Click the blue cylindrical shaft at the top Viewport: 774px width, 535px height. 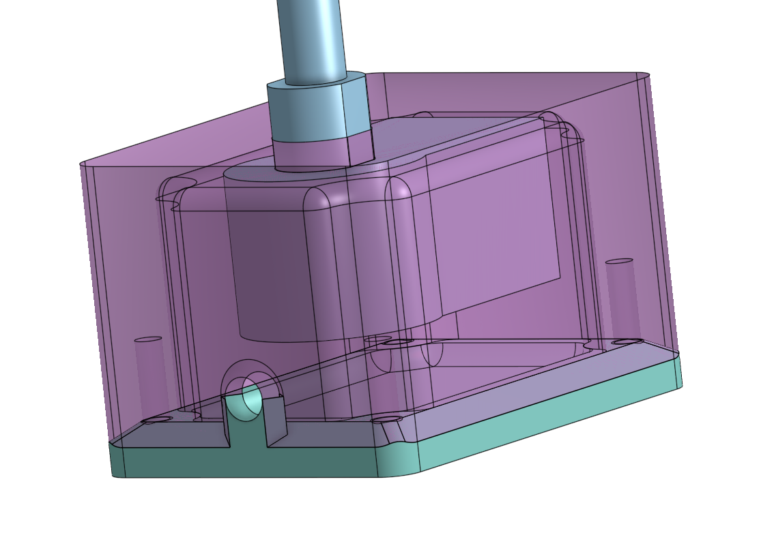point(311,37)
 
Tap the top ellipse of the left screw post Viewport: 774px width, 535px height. point(148,339)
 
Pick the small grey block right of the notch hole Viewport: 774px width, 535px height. point(273,423)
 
